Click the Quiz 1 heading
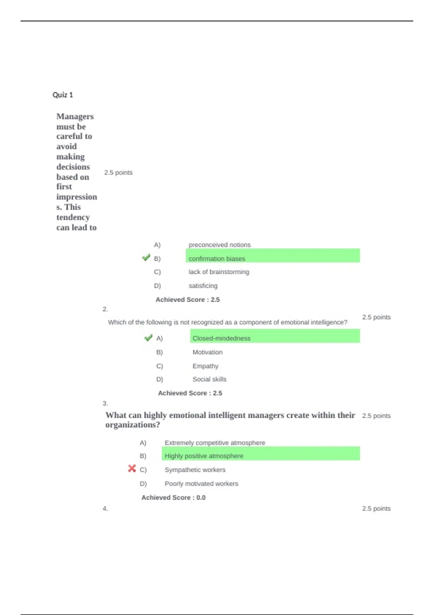point(63,95)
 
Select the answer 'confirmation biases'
point(217,259)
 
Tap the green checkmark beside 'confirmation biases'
point(146,258)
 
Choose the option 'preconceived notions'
point(219,245)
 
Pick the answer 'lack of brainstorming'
point(218,272)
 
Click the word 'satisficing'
point(203,286)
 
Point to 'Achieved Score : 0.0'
point(173,497)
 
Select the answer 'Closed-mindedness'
point(221,338)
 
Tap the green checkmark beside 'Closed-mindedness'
point(148,338)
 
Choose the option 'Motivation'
point(207,352)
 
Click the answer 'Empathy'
point(205,366)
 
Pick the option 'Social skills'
point(209,379)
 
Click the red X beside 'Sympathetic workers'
point(132,469)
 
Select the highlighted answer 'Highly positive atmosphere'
point(204,456)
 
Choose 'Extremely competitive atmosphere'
point(215,443)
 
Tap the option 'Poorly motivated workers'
point(201,484)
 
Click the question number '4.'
point(105,508)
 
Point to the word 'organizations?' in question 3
point(132,425)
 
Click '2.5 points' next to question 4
point(376,508)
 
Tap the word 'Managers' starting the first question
point(75,116)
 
